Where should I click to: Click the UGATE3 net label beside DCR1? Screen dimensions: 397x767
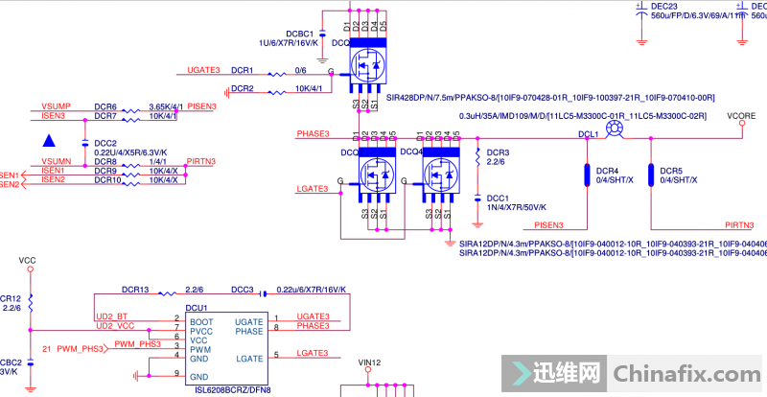[x=203, y=70]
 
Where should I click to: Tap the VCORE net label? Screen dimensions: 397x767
[x=741, y=116]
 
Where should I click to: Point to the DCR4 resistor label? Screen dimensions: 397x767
[x=608, y=171]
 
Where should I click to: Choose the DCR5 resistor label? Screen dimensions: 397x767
[x=671, y=171]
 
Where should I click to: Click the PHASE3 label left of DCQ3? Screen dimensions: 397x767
[x=314, y=133]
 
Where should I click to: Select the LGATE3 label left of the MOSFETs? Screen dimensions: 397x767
[x=313, y=189]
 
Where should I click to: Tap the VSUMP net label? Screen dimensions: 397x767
[x=56, y=106]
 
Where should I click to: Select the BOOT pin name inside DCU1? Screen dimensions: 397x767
[x=201, y=321]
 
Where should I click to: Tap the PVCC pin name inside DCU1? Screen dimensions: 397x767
[x=202, y=331]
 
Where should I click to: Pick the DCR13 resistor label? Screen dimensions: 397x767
[x=135, y=289]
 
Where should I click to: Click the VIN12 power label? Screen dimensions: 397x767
[x=369, y=363]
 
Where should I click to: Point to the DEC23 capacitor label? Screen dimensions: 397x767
[x=663, y=6]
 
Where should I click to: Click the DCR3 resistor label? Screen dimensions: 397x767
[x=498, y=152]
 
